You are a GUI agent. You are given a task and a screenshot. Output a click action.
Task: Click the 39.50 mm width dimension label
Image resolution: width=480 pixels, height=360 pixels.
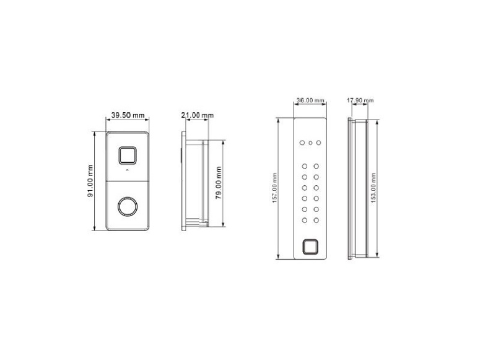[128, 115]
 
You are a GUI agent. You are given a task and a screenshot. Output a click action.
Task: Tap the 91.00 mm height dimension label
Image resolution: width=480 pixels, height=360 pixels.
[90, 181]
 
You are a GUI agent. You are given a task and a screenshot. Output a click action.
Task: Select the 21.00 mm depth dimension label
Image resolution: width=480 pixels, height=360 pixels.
[198, 115]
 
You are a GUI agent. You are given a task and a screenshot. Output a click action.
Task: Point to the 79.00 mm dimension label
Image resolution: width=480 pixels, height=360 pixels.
[219, 183]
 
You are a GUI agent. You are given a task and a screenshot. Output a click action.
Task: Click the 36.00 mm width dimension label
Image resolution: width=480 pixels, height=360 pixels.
[310, 100]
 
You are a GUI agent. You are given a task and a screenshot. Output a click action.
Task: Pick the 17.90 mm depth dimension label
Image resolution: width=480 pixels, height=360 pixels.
[360, 100]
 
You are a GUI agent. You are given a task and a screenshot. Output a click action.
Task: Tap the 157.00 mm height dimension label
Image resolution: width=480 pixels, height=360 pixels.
[274, 188]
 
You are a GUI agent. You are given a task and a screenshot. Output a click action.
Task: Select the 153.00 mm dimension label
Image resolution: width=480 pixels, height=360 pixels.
[373, 188]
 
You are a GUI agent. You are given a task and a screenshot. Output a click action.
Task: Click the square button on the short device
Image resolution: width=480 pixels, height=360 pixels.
[128, 156]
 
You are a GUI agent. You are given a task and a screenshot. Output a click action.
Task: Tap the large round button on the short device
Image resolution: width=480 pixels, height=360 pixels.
[128, 207]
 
